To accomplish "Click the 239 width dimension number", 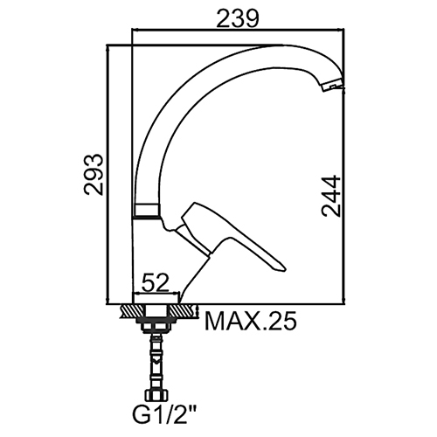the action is (x=238, y=19).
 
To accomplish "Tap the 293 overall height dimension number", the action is (x=94, y=175).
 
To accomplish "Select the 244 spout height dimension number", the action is (x=331, y=196).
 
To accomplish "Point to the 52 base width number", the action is (x=156, y=282).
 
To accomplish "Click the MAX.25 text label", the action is (x=251, y=321).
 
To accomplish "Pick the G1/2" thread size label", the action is (x=164, y=416).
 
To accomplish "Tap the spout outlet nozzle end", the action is (x=333, y=86).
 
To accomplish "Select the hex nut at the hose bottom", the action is (x=156, y=396).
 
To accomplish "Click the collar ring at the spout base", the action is (x=147, y=211).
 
